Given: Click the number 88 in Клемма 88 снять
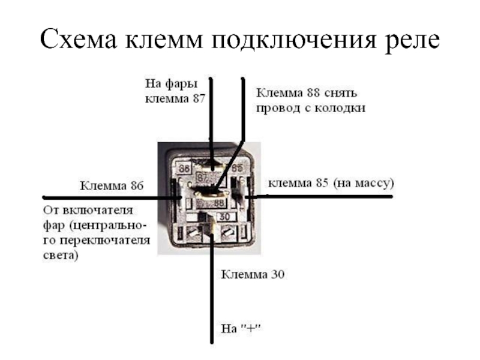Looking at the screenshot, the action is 311,94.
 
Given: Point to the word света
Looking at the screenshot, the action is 60,255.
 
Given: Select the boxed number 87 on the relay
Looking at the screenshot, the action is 202,178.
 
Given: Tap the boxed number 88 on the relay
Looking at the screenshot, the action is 219,204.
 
